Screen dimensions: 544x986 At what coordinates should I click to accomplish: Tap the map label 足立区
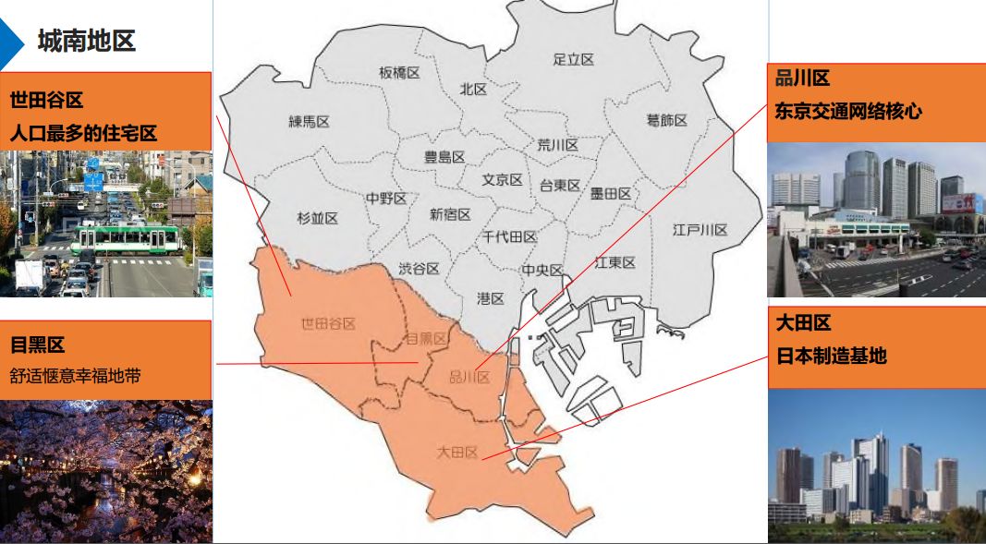click(573, 60)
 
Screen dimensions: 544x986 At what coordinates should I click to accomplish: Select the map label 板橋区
click(399, 73)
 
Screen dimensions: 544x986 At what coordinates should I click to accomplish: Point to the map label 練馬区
click(309, 122)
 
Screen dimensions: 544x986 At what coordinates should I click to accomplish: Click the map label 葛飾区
click(666, 121)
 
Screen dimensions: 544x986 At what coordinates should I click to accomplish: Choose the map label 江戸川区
click(700, 230)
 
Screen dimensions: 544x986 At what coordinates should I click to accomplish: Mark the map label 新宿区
click(450, 215)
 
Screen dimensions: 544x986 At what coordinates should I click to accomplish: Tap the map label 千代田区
click(509, 237)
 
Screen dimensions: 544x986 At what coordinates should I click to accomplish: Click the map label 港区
click(491, 298)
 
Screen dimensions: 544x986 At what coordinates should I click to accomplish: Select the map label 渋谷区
click(419, 269)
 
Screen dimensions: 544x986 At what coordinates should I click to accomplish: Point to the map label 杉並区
click(317, 219)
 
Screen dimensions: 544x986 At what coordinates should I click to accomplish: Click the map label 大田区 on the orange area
click(457, 453)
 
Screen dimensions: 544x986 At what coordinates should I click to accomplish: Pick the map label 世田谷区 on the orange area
click(328, 323)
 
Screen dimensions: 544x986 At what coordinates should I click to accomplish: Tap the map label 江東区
click(615, 263)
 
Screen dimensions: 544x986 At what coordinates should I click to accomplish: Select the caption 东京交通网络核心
click(848, 112)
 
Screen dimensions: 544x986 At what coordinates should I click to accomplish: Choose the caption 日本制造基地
click(831, 356)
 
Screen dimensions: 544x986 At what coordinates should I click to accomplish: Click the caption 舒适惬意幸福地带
click(76, 376)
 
